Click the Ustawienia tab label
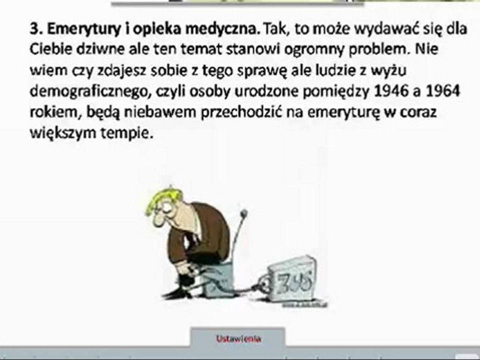(x=238, y=338)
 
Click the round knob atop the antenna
(x=244, y=214)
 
